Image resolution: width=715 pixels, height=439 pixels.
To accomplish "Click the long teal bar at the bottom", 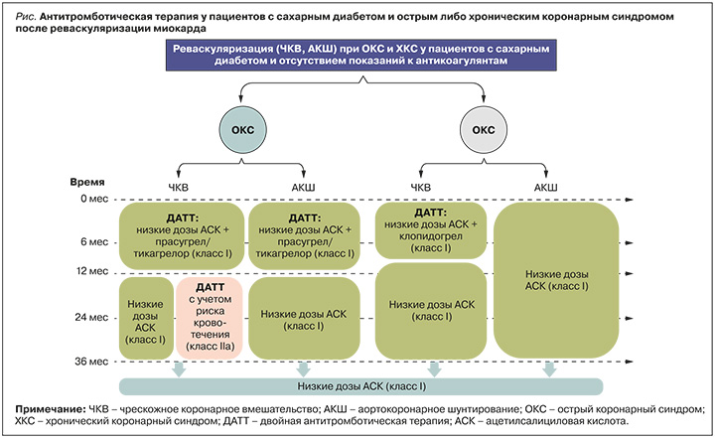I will click(x=360, y=385).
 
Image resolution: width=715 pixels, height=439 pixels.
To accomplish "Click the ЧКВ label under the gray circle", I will click(x=421, y=186).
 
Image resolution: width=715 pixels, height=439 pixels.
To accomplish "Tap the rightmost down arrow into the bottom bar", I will click(x=549, y=368).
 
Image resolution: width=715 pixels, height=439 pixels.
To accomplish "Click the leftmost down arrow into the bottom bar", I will click(x=178, y=368).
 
